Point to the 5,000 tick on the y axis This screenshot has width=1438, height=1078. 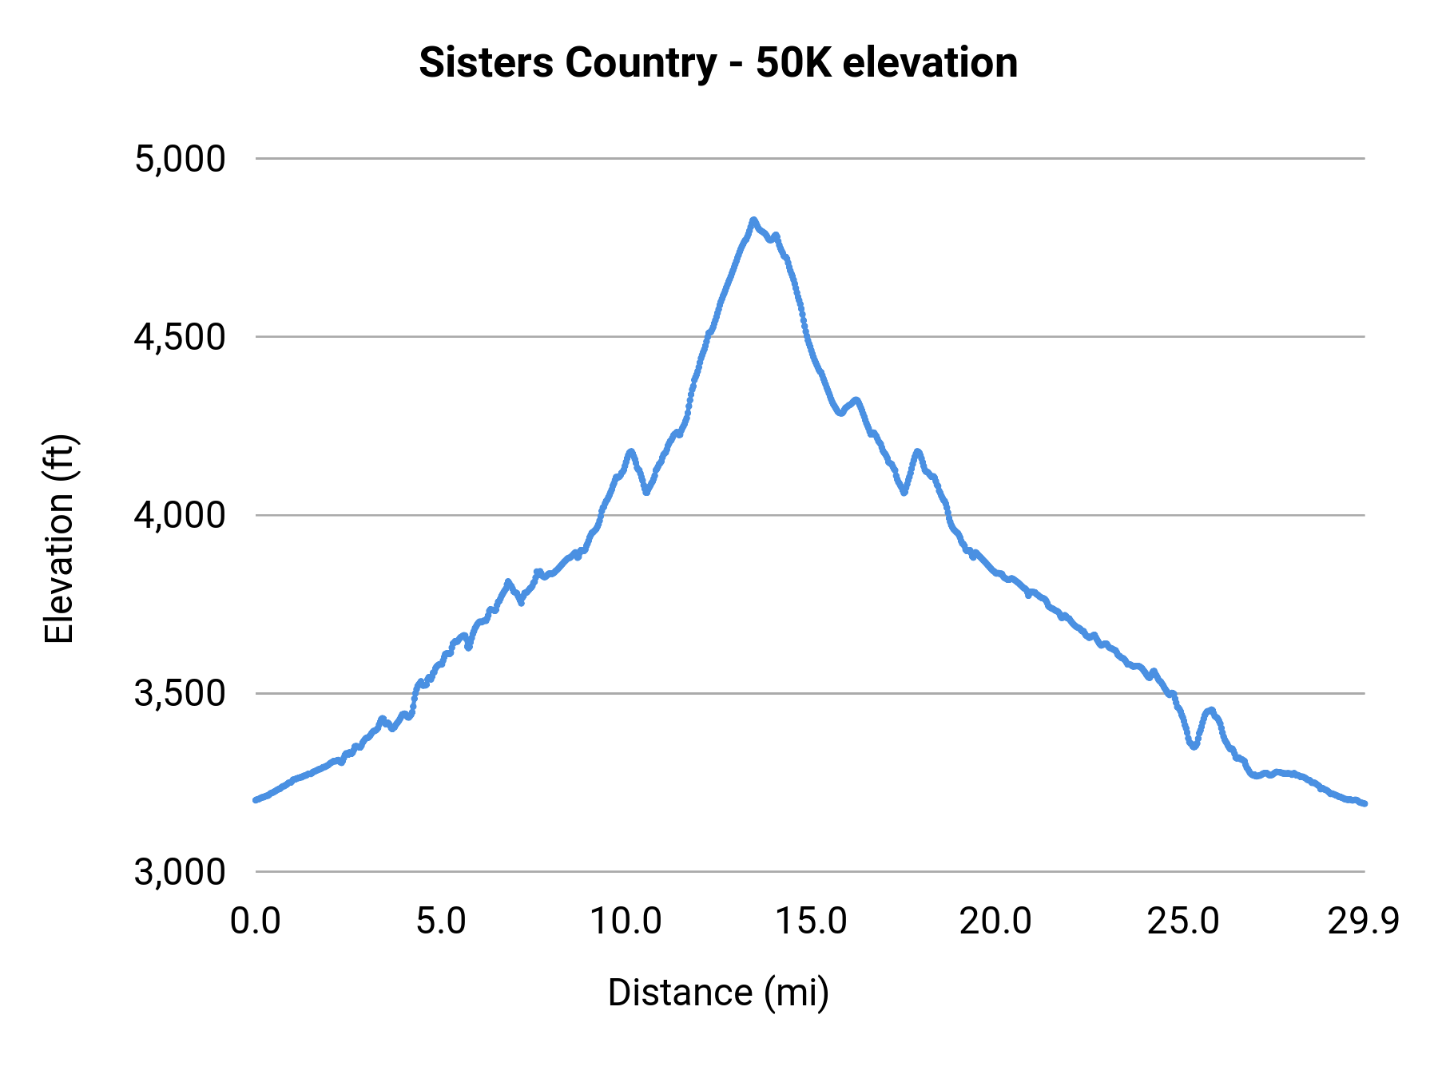[x=180, y=159]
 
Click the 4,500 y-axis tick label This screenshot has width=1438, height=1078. [x=180, y=337]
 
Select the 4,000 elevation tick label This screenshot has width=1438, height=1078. [x=180, y=515]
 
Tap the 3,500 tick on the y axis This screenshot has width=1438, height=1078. [x=180, y=693]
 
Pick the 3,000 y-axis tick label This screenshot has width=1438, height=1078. [x=180, y=872]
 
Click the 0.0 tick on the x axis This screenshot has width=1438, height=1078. [x=256, y=921]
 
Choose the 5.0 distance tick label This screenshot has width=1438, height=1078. [x=441, y=921]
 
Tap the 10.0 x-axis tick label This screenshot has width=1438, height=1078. [x=626, y=921]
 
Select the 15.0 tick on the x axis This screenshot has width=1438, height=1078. [x=812, y=921]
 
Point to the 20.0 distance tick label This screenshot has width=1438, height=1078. [x=996, y=921]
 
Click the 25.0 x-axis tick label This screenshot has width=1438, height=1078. [x=1183, y=921]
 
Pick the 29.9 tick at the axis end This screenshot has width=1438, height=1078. [x=1364, y=921]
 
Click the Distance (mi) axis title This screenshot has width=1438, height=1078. [x=718, y=993]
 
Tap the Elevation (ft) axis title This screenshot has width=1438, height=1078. [x=59, y=538]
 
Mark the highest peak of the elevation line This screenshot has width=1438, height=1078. [x=753, y=220]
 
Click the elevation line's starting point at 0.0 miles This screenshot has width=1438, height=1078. [x=256, y=799]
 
